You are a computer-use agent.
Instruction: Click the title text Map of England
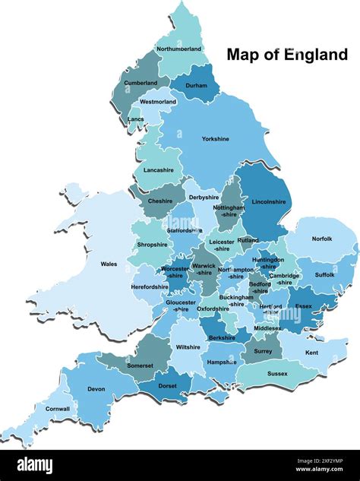tap(287, 55)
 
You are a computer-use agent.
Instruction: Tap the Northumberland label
tap(179, 49)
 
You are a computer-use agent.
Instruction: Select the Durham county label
tap(196, 87)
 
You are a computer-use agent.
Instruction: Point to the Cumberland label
tap(141, 83)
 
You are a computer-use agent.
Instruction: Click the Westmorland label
tap(158, 101)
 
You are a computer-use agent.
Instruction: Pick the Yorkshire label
tap(215, 139)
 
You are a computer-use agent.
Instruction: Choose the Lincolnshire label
tap(268, 202)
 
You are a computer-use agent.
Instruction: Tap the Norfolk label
tap(322, 239)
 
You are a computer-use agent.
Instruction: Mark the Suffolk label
tap(324, 274)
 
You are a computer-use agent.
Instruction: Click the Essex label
tap(303, 306)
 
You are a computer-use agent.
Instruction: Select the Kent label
tap(311, 353)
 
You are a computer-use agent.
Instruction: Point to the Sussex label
tap(277, 374)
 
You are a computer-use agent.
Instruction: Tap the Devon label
tap(96, 389)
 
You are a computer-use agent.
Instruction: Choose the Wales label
tap(109, 264)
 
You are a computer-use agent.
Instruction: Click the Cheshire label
tap(159, 201)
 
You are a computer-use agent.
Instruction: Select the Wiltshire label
tap(188, 347)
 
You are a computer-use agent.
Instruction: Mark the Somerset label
tap(141, 365)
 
